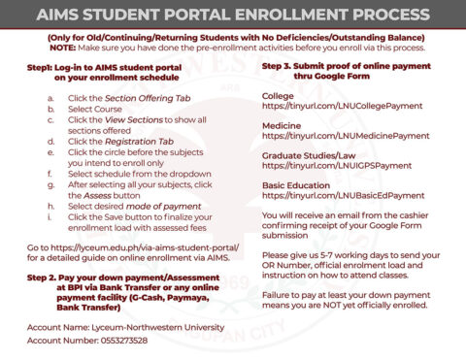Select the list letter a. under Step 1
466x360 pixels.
(50, 100)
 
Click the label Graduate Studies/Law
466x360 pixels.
(308, 153)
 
